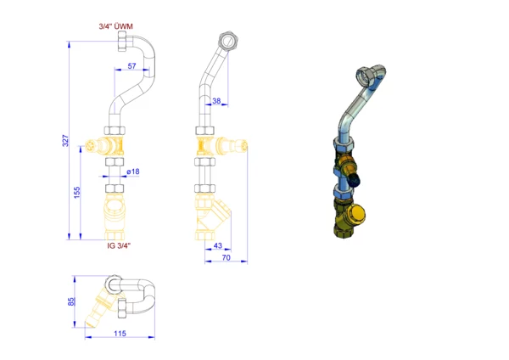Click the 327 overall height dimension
click(65, 140)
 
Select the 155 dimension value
click(77, 193)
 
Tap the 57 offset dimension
click(131, 66)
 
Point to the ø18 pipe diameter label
click(133, 172)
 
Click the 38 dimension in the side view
click(216, 101)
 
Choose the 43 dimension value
click(218, 245)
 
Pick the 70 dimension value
click(227, 257)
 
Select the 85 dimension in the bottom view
click(71, 301)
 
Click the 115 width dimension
click(120, 334)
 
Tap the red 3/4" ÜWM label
click(116, 26)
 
